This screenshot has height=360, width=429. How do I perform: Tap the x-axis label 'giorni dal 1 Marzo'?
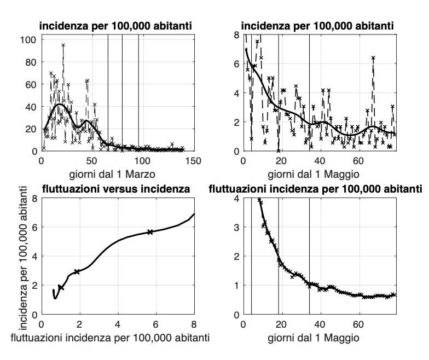[x=118, y=176]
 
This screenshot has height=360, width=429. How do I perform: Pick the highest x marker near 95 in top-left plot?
[x=63, y=45]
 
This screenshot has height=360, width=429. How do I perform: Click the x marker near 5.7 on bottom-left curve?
[x=150, y=232]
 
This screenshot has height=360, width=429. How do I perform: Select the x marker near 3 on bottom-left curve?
[x=77, y=271]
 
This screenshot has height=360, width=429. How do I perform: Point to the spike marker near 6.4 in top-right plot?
[x=373, y=58]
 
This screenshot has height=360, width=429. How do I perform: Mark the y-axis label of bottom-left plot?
[x=24, y=256]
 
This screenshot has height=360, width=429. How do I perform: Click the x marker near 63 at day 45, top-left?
[x=87, y=81]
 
